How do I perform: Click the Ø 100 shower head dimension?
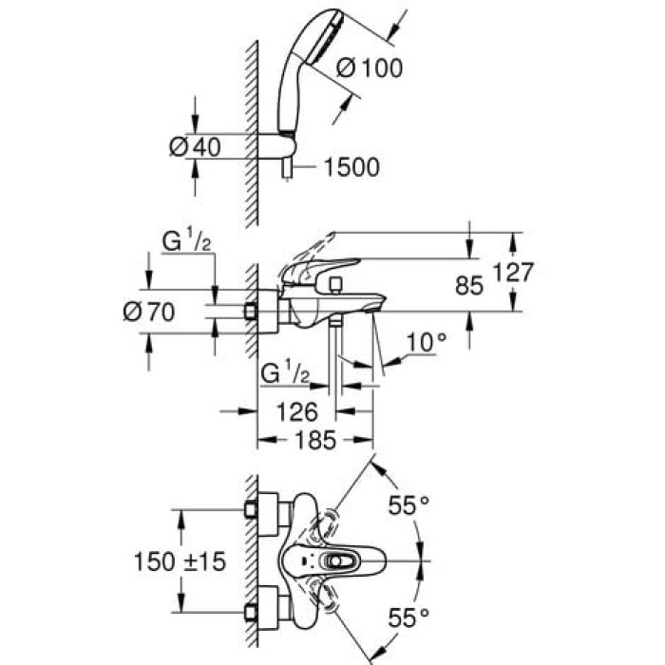coord(369,68)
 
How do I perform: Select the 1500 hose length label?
coord(351,168)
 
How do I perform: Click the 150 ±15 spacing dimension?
coord(179,562)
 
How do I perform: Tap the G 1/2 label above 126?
coord(284,373)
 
